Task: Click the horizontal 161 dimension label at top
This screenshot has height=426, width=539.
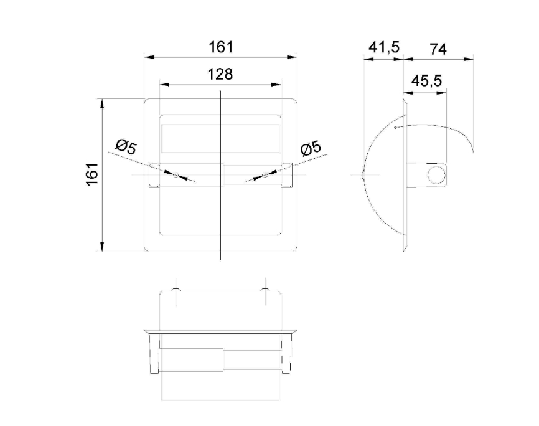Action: (x=221, y=47)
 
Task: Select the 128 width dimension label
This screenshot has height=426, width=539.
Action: (x=220, y=74)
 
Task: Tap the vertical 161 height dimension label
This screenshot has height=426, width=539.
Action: (x=92, y=175)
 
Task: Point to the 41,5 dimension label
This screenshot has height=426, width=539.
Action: (x=384, y=47)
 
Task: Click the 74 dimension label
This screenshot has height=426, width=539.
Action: (x=438, y=49)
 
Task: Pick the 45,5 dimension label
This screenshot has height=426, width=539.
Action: (x=426, y=81)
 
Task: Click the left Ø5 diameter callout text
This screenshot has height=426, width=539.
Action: (x=126, y=147)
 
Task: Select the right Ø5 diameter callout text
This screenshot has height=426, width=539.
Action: (x=311, y=147)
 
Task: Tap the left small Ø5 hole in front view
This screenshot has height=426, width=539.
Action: (x=176, y=175)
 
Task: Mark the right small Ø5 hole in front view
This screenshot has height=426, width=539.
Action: (x=265, y=175)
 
